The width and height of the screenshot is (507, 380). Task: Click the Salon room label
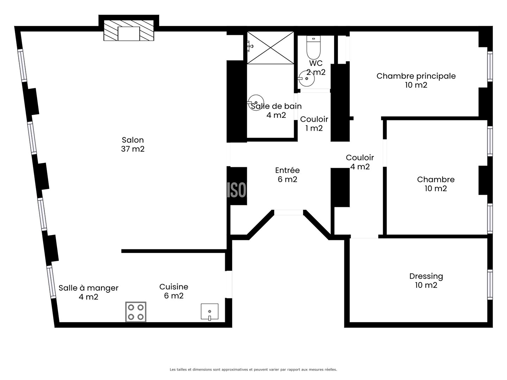coord(133,144)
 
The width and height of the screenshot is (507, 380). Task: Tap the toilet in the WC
coord(313,47)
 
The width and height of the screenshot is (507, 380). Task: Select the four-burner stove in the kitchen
coord(136,312)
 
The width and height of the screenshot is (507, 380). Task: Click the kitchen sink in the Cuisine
coord(209,312)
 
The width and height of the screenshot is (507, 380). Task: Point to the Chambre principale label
coord(416,80)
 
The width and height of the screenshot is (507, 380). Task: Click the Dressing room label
coord(426,280)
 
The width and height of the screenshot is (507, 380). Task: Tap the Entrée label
coord(287,175)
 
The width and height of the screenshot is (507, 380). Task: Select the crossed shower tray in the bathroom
coord(270,48)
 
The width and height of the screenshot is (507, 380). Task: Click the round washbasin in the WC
coord(307,78)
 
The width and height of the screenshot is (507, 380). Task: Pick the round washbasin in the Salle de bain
coord(256,102)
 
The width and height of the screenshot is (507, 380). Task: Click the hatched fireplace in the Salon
coord(129,31)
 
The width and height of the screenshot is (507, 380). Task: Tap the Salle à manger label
coord(88,292)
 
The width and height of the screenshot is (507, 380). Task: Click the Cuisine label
coord(174,291)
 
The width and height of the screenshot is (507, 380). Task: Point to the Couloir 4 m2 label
coord(360,162)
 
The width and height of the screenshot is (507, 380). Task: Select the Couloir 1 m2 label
coord(314,123)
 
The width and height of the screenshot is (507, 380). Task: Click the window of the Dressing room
coord(490,285)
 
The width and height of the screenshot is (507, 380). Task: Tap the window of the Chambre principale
coord(490,66)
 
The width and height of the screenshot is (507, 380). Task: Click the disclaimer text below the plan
coord(253,369)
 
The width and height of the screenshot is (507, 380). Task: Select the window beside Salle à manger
coord(51,282)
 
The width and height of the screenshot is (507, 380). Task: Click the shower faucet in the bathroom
coord(250,46)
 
